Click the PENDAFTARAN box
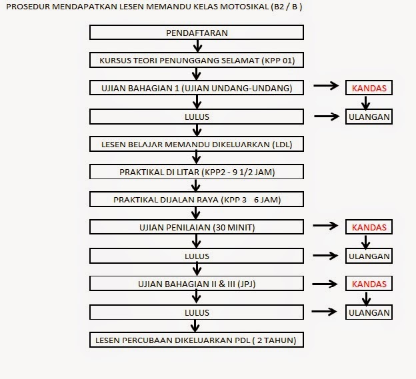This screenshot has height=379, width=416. coord(197,33)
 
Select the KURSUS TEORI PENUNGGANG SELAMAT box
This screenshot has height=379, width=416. coord(197,61)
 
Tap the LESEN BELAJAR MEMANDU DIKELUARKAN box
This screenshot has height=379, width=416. coord(197,144)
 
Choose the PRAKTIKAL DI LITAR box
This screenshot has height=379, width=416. coord(197,172)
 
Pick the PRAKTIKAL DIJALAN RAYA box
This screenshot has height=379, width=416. coord(197,199)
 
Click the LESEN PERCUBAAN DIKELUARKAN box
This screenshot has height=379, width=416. coord(197,340)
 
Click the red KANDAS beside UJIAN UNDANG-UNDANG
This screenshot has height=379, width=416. coord(369,88)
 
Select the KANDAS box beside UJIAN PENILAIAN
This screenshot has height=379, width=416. coord(369,227)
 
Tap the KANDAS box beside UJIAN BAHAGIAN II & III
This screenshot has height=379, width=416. coord(369,284)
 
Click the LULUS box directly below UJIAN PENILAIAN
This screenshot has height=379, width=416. coord(197,255)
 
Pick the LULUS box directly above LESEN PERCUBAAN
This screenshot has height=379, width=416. coord(197,312)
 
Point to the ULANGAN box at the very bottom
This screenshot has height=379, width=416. coord(369,312)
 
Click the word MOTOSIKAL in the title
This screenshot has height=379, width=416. coord(209,7)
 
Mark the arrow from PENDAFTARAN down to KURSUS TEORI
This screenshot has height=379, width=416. coord(197,46)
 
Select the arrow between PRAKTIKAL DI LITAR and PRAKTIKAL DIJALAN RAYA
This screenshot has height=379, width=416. coord(197,185)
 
